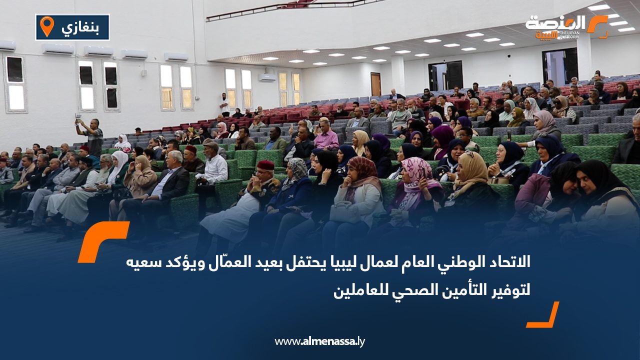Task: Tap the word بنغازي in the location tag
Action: [80, 27]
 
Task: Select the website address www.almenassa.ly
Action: [319, 341]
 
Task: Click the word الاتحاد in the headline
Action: [509, 261]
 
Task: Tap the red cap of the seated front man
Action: [265, 165]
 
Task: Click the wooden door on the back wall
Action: [375, 84]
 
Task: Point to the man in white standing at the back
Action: [224, 103]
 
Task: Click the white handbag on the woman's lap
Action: [345, 212]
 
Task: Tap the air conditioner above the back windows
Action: [267, 77]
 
